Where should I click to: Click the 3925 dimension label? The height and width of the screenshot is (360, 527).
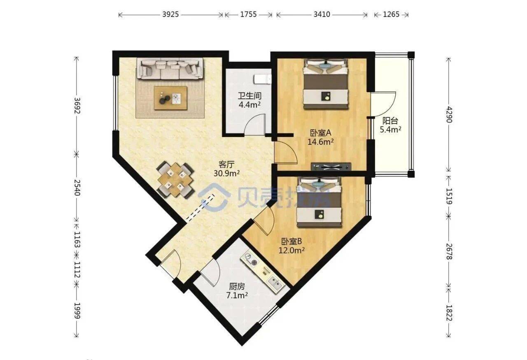[170, 14]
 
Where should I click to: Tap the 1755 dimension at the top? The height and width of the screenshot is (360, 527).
[248, 14]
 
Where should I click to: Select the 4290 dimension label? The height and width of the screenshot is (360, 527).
[449, 114]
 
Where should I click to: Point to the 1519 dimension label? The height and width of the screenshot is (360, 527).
[449, 196]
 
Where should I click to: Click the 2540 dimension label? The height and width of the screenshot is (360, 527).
[77, 188]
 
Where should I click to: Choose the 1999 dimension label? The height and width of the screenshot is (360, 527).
[77, 311]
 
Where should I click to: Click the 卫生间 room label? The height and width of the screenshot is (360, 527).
[250, 96]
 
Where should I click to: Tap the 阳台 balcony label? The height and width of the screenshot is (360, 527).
[390, 121]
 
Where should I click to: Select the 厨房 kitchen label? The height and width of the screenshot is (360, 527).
[237, 286]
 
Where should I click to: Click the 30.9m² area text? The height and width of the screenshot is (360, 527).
[226, 174]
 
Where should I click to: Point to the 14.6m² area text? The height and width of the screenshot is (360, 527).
[321, 142]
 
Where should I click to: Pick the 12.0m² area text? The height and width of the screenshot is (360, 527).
[291, 251]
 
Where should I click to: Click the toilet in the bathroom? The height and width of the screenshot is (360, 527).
[263, 79]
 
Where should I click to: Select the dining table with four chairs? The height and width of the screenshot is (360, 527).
[175, 180]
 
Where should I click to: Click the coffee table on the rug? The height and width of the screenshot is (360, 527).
[170, 98]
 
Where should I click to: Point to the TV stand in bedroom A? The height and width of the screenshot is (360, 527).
[331, 167]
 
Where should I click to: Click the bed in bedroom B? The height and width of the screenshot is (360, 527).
[319, 202]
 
